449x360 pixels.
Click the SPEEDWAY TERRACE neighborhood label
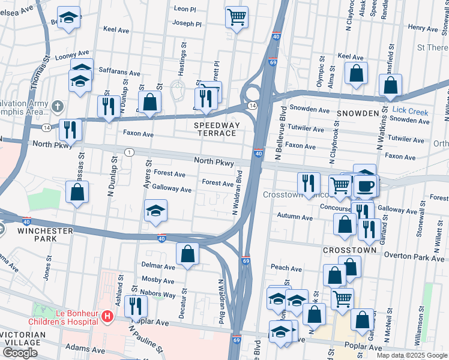coord(217,129)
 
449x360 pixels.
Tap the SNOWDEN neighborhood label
coord(358,113)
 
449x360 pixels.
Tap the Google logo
coord(20,353)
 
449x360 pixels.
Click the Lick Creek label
coord(410,111)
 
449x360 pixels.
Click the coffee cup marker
coord(365,185)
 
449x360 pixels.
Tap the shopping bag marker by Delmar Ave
coord(188,253)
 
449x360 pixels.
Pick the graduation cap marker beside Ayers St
coord(155,211)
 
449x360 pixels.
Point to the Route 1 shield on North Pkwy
coord(129,152)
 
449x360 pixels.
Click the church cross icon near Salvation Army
coord(58,106)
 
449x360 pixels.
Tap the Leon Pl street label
coord(184,9)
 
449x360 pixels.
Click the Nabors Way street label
coord(158,295)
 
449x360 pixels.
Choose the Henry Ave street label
coord(423,28)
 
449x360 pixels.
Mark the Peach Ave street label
coord(286,268)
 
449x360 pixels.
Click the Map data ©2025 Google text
coord(411,355)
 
